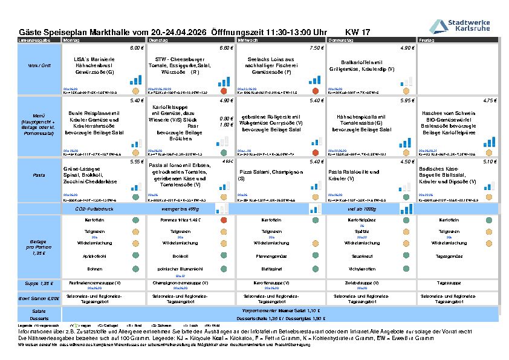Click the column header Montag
click(x=71, y=40)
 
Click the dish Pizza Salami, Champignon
click(x=272, y=175)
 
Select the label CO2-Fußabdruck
click(x=101, y=208)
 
